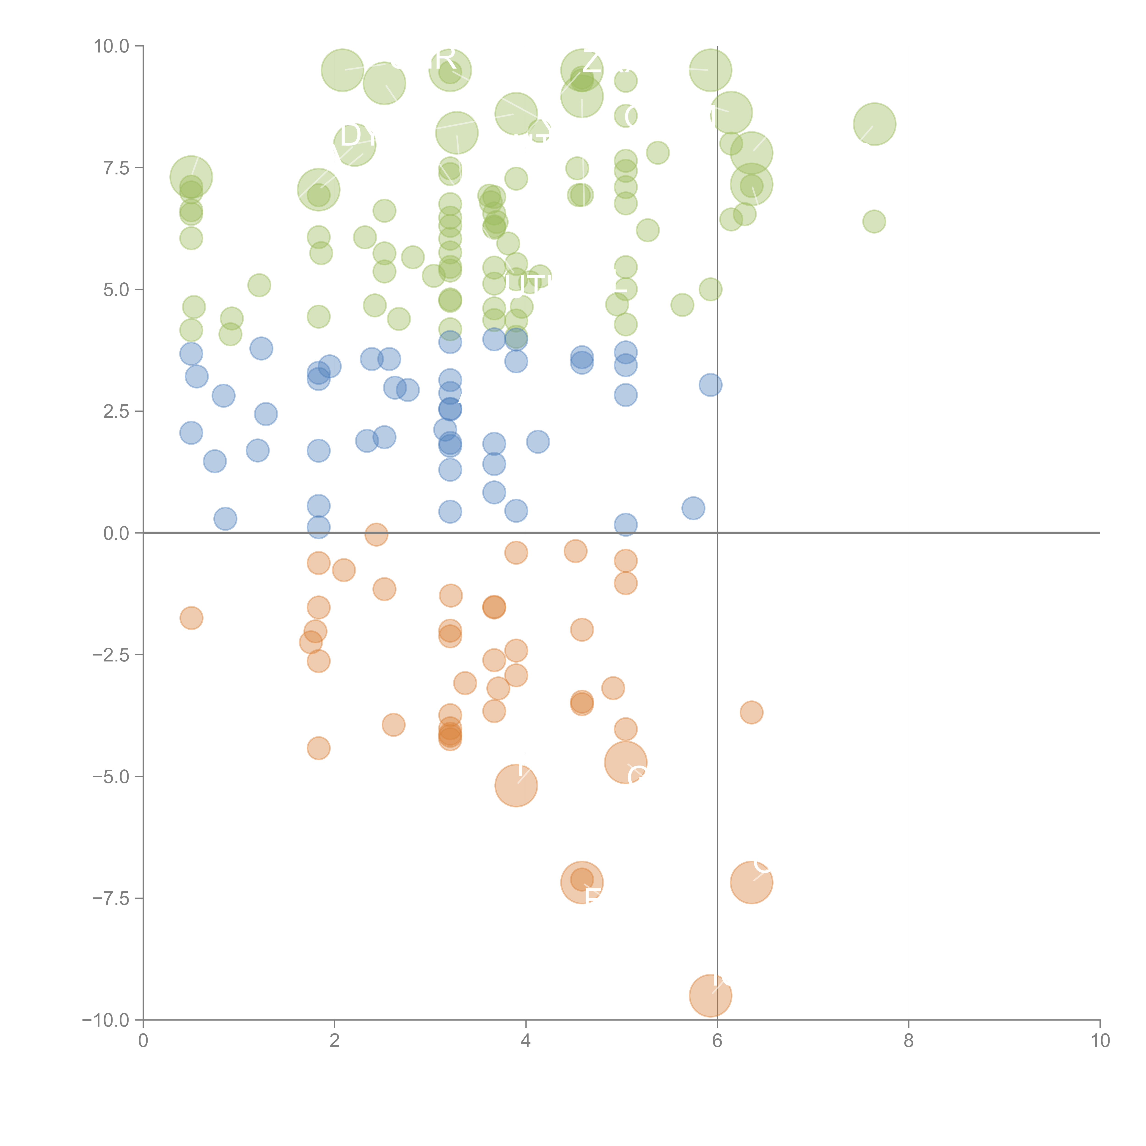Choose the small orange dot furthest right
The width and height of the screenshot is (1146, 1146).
[x=751, y=712]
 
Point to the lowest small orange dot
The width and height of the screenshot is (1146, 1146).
[x=319, y=748]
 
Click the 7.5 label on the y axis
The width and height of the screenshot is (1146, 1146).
[x=116, y=168]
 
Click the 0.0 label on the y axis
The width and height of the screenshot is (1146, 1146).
[x=116, y=533]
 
